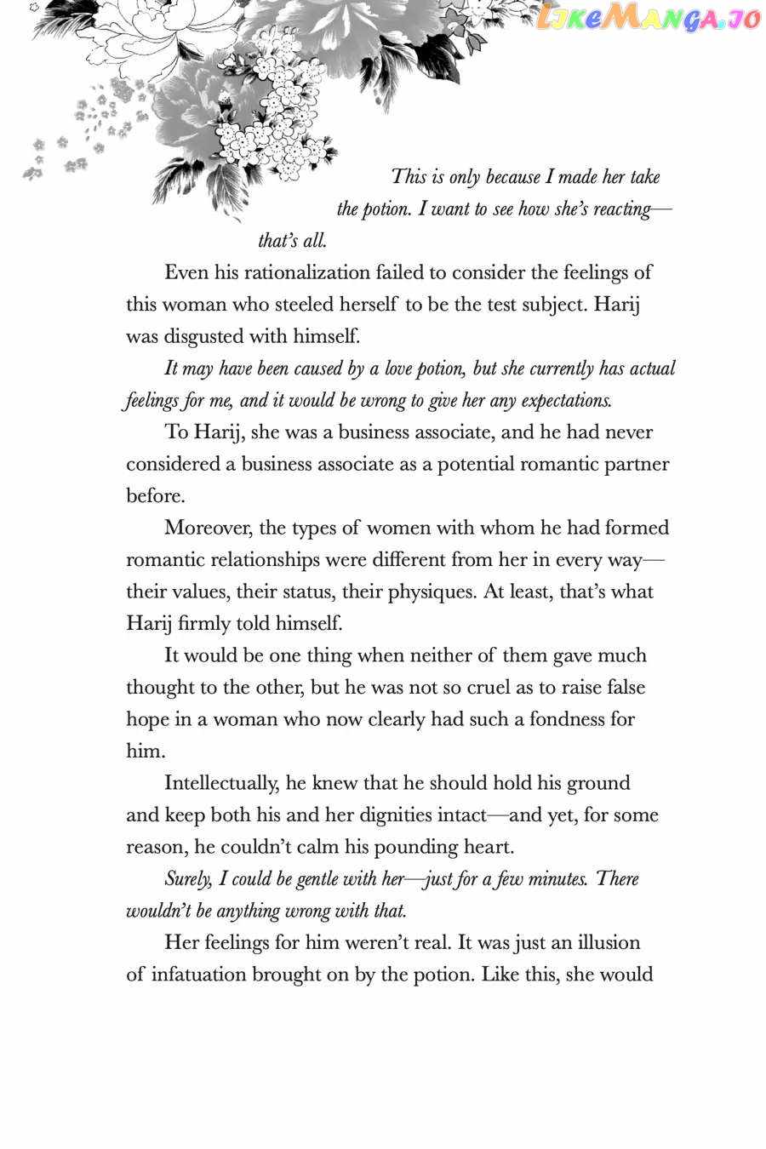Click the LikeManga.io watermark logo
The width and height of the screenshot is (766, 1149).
pyautogui.click(x=649, y=19)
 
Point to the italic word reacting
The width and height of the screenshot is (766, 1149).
pyautogui.click(x=620, y=209)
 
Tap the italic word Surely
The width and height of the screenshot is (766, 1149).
pyautogui.click(x=186, y=879)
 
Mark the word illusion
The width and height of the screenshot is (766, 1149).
pyautogui.click(x=597, y=943)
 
